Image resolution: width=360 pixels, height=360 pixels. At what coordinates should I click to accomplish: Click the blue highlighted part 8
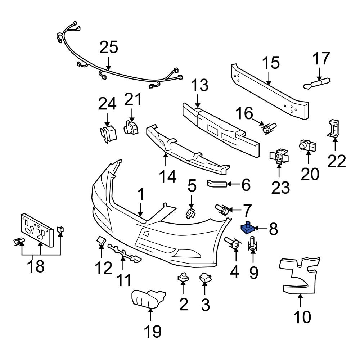[247, 228]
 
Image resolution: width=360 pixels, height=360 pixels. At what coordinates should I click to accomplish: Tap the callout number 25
[109, 48]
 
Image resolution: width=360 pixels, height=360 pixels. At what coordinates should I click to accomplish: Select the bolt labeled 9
[253, 244]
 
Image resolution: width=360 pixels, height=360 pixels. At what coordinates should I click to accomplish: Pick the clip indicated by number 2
[183, 277]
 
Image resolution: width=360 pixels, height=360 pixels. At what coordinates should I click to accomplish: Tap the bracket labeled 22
[334, 129]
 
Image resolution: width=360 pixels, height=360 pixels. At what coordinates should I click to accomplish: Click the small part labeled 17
[317, 84]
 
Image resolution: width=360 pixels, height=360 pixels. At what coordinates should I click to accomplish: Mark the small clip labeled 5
[190, 213]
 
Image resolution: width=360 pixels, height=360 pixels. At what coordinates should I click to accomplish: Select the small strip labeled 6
[216, 184]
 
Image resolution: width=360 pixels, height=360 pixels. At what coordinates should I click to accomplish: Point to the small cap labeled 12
[100, 241]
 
